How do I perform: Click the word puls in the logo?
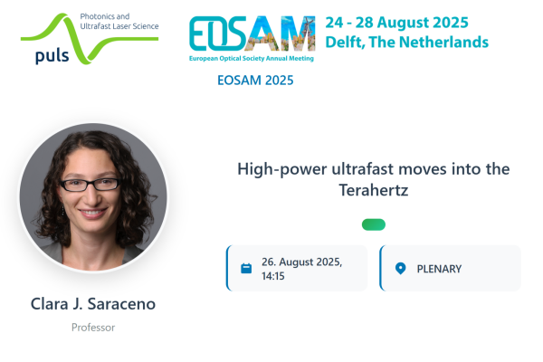(x=52, y=56)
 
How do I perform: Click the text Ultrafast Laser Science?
(x=119, y=26)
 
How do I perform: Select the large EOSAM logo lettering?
(x=252, y=33)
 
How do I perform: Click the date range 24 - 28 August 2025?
(x=397, y=23)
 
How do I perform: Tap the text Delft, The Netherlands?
(x=407, y=43)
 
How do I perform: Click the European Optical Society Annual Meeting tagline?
(x=252, y=59)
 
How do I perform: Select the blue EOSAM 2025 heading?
(x=255, y=81)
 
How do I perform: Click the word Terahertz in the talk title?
(x=374, y=190)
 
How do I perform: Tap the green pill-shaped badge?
(x=374, y=224)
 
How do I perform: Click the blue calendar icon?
(x=246, y=268)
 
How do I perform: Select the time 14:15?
(x=273, y=276)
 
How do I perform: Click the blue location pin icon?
(x=400, y=269)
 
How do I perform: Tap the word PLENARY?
(x=439, y=269)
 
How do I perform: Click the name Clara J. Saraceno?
(x=93, y=304)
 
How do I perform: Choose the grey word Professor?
(x=93, y=328)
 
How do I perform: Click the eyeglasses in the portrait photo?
(x=90, y=185)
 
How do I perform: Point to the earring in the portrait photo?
(x=63, y=210)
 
